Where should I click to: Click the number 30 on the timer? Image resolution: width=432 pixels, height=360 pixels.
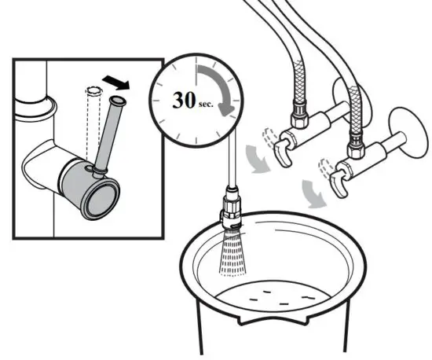click(x=187, y=101)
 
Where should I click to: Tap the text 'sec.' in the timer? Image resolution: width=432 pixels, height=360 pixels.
click(x=210, y=103)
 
